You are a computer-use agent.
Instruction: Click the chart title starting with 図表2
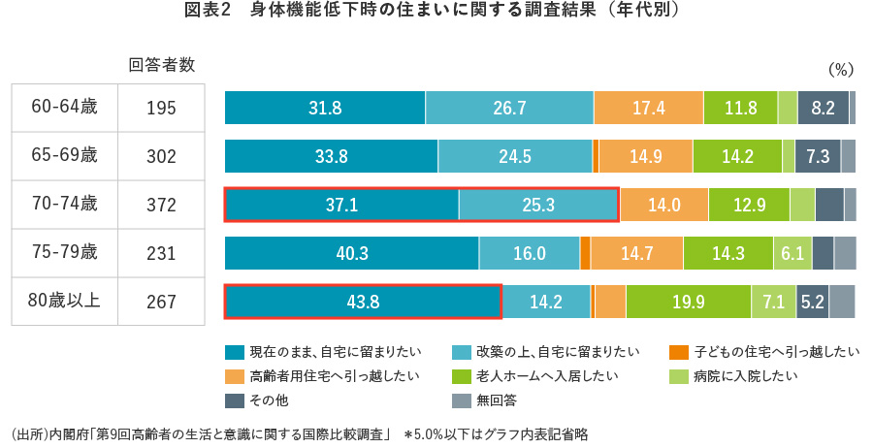coord(436,13)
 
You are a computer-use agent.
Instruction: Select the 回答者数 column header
coord(162,66)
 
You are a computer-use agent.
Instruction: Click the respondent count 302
coord(161,156)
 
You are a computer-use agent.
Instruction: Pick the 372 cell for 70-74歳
coord(161,205)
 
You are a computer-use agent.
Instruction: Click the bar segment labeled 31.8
coord(325,108)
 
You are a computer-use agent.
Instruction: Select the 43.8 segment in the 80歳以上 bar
coord(362,301)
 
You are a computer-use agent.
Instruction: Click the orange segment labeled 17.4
coord(648,108)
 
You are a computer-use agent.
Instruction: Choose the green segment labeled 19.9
coord(688,301)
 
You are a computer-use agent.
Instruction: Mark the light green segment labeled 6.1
coord(792,253)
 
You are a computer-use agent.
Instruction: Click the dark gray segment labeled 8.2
coord(823,108)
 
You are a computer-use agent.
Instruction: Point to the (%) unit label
coord(840,70)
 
